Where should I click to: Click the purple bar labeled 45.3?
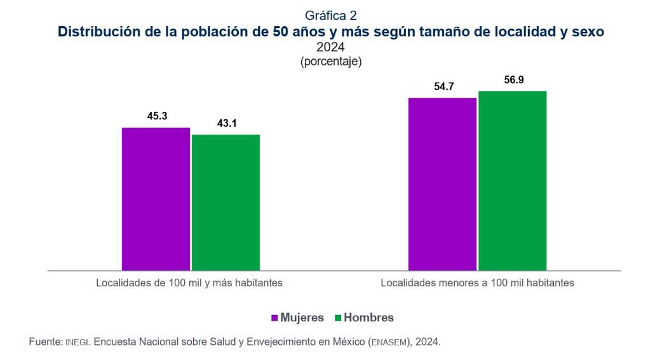point(156,199)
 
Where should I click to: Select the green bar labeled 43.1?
point(226,202)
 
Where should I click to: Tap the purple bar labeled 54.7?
point(442,184)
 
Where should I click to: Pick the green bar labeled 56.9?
point(512,180)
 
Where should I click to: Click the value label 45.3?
point(157,116)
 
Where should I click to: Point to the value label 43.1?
point(227,123)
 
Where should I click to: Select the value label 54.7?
point(443,87)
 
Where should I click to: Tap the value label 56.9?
point(513,80)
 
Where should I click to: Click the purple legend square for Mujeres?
point(275,317)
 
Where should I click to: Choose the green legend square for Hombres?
point(339,317)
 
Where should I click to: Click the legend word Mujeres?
point(302,317)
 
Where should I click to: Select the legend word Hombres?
point(369,317)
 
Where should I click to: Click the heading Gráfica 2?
point(330,15)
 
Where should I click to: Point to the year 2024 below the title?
point(330,46)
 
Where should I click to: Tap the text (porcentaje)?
point(330,62)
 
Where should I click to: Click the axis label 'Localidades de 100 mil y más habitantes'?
point(189,283)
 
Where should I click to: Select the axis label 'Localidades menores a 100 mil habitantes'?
point(477,283)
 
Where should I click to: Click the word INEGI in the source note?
point(79,342)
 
